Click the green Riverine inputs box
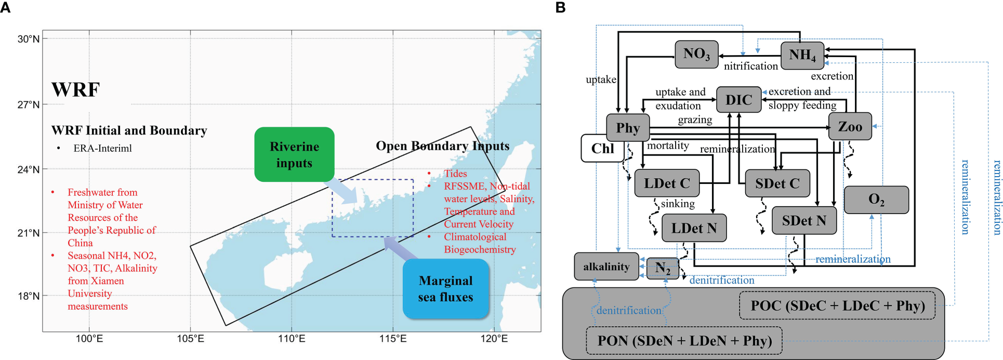[294, 154]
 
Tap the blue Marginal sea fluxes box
[445, 289]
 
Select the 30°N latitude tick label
[29, 39]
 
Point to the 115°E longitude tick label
[393, 339]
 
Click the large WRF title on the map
[75, 90]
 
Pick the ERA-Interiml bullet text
[102, 149]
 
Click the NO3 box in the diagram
[696, 54]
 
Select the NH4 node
[802, 55]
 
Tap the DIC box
[738, 100]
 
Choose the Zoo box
[850, 126]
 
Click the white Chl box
[602, 149]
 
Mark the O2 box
[876, 200]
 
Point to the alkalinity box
[606, 266]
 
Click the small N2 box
[662, 269]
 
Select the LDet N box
[694, 228]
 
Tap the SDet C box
[777, 183]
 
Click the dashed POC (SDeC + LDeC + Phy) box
[837, 305]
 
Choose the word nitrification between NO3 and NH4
[750, 66]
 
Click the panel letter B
[560, 7]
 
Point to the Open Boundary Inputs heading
[442, 146]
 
